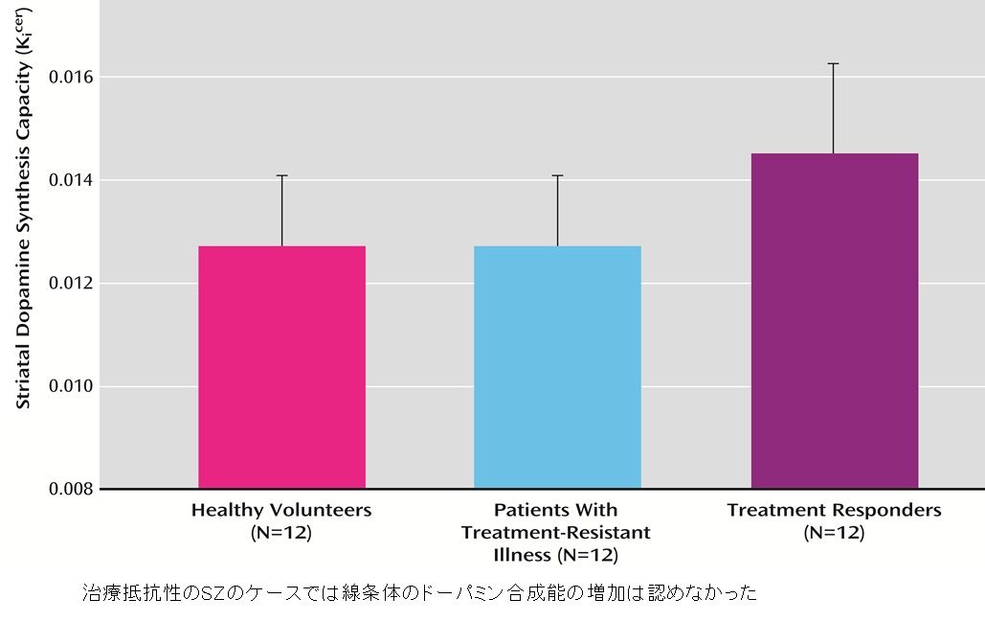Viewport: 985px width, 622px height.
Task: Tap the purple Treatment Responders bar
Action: click(x=834, y=321)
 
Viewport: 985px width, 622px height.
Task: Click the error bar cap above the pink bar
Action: click(x=281, y=175)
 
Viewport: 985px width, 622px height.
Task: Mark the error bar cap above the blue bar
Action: click(x=557, y=175)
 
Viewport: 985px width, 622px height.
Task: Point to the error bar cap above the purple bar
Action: click(x=834, y=63)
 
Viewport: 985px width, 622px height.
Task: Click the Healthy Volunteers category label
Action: click(x=281, y=510)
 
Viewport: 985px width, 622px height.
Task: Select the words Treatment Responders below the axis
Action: click(x=834, y=510)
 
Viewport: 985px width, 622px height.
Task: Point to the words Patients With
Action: click(x=556, y=510)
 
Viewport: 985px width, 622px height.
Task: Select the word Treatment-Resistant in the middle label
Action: click(x=556, y=532)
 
